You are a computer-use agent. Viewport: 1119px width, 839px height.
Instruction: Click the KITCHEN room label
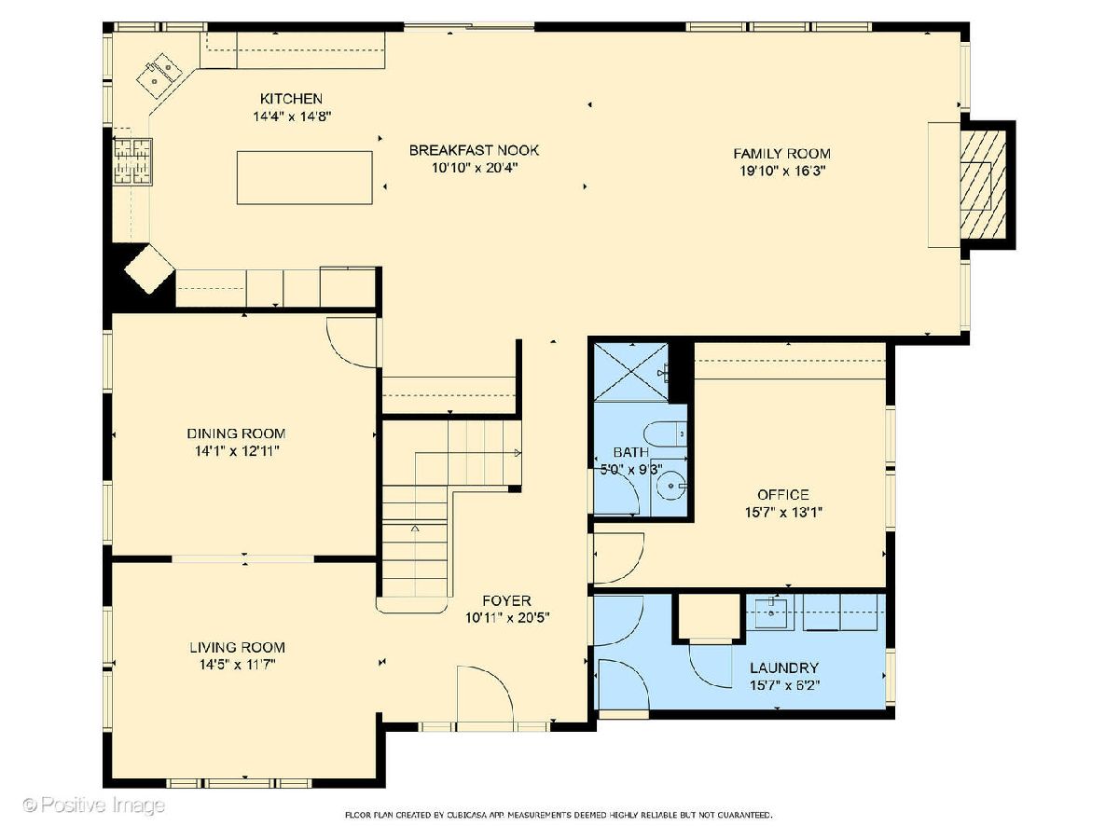(291, 98)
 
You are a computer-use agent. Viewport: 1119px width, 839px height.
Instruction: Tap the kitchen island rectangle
(304, 178)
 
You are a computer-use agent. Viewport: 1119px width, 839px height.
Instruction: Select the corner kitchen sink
(159, 76)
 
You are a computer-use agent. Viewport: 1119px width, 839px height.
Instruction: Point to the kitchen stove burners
(132, 161)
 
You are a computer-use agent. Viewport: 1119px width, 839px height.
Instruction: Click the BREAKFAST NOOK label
(474, 150)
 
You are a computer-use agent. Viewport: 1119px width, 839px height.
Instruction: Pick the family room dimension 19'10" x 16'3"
(782, 171)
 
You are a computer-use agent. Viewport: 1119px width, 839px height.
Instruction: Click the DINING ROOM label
(236, 433)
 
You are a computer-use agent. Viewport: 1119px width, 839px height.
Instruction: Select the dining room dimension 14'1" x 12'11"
(237, 451)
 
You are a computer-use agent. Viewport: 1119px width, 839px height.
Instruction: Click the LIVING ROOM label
(237, 648)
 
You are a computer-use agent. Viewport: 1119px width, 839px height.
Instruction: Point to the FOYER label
(506, 600)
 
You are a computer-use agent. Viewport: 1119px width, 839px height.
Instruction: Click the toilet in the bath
(665, 434)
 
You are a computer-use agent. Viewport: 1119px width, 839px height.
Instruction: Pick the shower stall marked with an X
(631, 372)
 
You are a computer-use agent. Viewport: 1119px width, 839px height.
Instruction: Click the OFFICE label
(783, 495)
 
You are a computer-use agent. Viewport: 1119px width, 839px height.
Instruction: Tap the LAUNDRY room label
(784, 667)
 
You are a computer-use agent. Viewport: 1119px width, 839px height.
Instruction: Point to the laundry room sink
(770, 613)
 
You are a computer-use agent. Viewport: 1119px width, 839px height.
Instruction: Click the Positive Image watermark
(94, 805)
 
